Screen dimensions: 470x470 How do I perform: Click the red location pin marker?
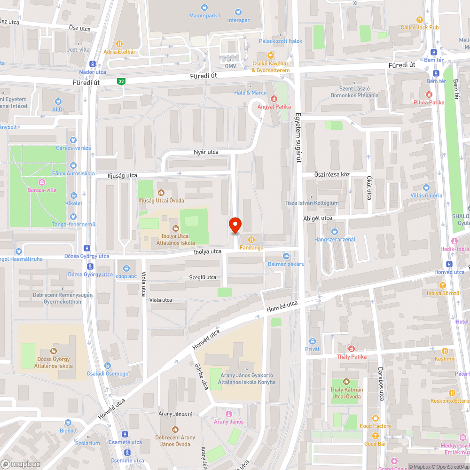pos(235,226)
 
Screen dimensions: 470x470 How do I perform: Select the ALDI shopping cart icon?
pos(58,101)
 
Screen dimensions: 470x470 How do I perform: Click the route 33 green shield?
pos(122,81)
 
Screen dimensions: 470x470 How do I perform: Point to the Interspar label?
pos(238,20)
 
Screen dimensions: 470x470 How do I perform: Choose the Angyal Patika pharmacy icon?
pos(274,99)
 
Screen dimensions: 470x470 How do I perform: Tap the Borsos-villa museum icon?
pos(42,182)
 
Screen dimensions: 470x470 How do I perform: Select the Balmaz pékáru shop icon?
pos(286,256)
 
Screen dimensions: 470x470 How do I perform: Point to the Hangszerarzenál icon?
pos(334,231)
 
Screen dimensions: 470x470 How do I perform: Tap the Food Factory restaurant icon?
pos(375,418)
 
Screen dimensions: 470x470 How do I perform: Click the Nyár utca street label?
pos(206,152)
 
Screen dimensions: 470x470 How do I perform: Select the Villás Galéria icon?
pos(426,187)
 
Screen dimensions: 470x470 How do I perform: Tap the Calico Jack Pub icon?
pos(420,19)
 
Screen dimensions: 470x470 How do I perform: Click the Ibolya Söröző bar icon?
pos(442,285)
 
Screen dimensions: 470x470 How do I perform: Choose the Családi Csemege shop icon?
pos(108,365)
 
